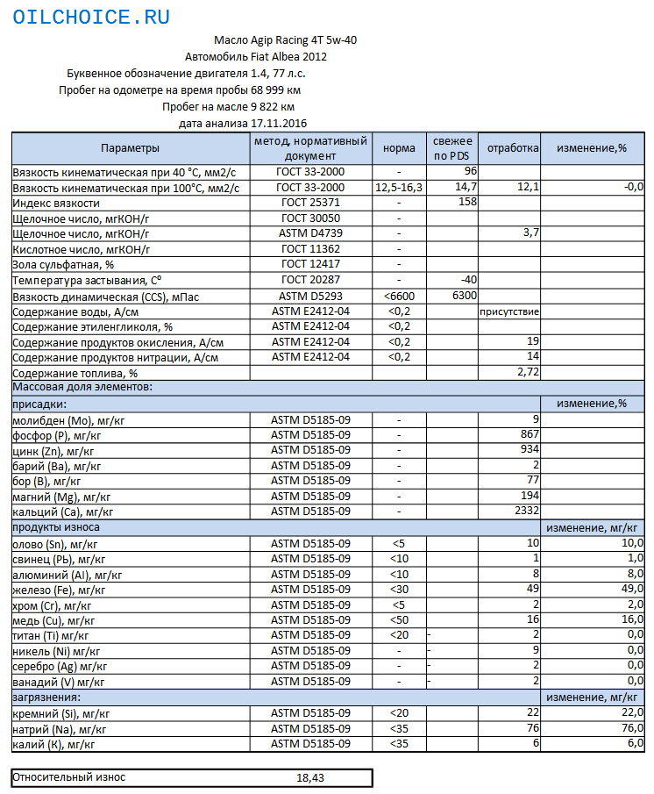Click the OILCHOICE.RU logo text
(x=92, y=18)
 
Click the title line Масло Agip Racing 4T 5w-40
(x=285, y=40)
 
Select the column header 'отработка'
(x=513, y=148)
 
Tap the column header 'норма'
(x=400, y=148)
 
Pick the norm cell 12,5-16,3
(x=399, y=187)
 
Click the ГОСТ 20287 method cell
(x=311, y=279)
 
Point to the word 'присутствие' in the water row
(x=509, y=311)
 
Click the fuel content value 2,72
(x=527, y=372)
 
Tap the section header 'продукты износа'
(x=55, y=527)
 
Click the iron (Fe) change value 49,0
(x=630, y=589)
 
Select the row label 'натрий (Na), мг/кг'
(x=60, y=729)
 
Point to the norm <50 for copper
(x=399, y=619)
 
